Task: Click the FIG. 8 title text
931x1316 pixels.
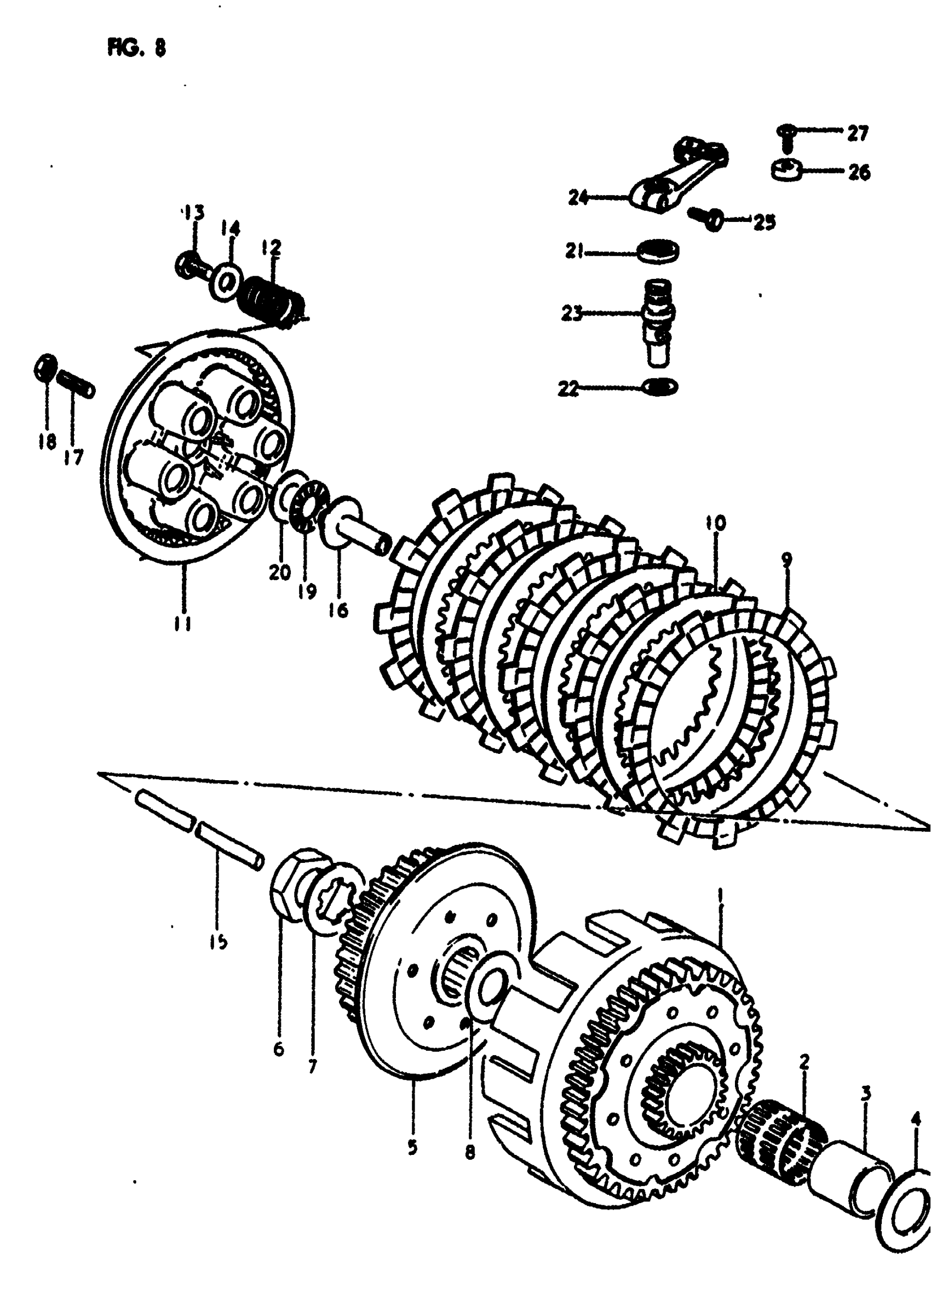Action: (x=136, y=48)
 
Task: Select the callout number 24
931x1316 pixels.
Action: (x=578, y=198)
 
